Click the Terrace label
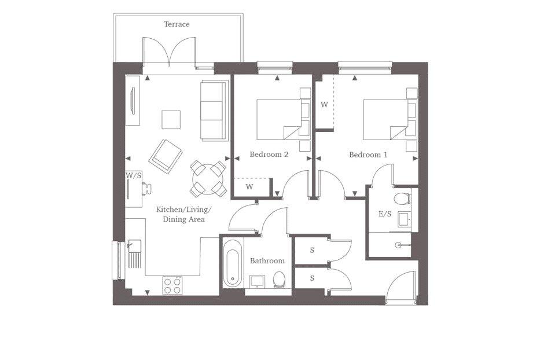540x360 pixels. [177, 24]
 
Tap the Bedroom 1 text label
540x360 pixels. [368, 155]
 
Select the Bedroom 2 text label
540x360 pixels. [269, 155]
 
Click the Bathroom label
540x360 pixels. [267, 261]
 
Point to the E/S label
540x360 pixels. [385, 214]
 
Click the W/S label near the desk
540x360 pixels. [133, 175]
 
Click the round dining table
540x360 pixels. [208, 178]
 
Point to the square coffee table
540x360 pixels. [171, 120]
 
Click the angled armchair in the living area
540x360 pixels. [166, 155]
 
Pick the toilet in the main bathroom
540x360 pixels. [279, 281]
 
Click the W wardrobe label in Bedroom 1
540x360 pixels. [325, 105]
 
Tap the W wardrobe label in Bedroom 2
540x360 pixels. [249, 187]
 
